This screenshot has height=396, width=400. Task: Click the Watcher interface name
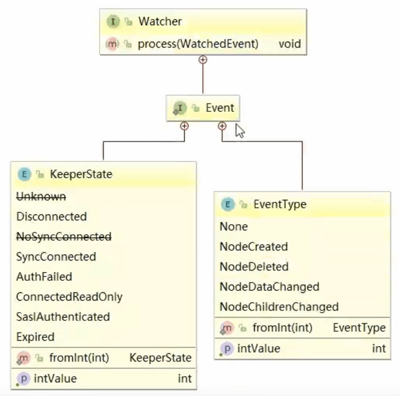tap(160, 22)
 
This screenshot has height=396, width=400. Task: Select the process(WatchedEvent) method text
tap(198, 44)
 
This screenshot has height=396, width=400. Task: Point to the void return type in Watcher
tap(289, 44)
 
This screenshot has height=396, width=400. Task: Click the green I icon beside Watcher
tap(113, 22)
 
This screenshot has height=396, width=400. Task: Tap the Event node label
tap(220, 108)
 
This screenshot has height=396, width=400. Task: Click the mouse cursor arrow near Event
tap(239, 131)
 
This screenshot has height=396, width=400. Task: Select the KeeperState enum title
tap(81, 174)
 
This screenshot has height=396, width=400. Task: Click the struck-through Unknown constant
tap(41, 196)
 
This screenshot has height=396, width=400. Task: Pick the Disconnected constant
tap(52, 217)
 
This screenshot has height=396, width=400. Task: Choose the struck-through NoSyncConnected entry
tap(64, 237)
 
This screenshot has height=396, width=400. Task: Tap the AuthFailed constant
tap(44, 277)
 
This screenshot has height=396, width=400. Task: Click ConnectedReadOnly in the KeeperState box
tap(69, 297)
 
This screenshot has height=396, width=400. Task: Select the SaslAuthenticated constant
tap(63, 317)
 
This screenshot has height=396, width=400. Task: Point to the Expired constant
tap(36, 337)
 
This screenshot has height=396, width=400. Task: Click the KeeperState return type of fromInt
tap(160, 358)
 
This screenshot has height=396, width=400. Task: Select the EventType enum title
tap(279, 205)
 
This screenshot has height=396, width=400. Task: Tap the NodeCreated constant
tap(253, 247)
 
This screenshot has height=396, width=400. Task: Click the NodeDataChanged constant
tap(269, 287)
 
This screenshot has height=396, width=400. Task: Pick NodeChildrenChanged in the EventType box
tap(279, 307)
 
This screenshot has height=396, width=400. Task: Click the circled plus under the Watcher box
tap(203, 59)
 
